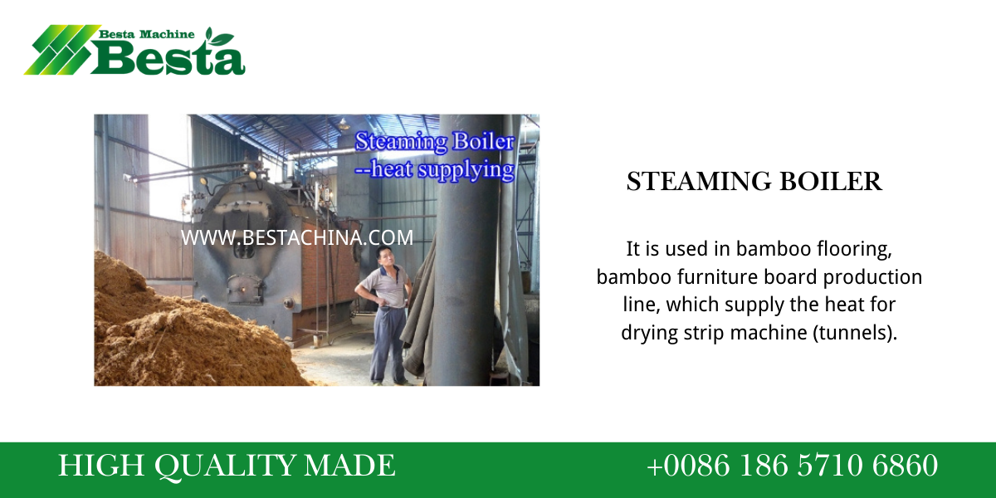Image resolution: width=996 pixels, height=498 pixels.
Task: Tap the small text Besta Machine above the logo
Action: pos(146,34)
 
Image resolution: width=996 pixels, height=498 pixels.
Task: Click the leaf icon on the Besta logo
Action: pos(219,37)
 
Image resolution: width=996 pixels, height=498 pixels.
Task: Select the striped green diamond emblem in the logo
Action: pos(62,49)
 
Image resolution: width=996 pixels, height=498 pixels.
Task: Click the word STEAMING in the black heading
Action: pos(699,182)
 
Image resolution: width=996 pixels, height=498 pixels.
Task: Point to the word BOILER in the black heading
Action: pos(831,182)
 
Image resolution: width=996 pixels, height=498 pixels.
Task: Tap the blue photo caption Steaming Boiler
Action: pos(434,141)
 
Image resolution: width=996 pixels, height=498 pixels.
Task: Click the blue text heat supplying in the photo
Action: pos(442,170)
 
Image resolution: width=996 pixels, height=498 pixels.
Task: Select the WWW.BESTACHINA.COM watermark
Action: pos(297,237)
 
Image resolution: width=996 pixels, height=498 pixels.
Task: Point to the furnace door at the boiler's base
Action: pos(244,289)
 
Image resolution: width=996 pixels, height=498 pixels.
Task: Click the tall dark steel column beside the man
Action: pos(465,250)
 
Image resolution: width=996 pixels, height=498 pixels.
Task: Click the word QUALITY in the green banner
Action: pos(225,466)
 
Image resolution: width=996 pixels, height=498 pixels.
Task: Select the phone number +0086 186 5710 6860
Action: pos(793,465)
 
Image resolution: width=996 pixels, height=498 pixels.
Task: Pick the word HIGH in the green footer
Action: pos(101,465)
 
